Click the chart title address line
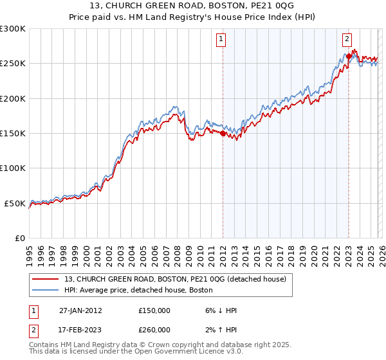(x=193, y=6)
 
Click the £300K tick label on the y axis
(x=13, y=29)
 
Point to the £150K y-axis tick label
(x=13, y=134)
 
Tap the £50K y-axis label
(x=15, y=203)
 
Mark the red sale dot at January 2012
(x=223, y=134)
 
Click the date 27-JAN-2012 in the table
(x=80, y=310)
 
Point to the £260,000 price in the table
(x=154, y=330)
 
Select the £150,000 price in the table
(x=154, y=310)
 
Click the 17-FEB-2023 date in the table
(x=80, y=330)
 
